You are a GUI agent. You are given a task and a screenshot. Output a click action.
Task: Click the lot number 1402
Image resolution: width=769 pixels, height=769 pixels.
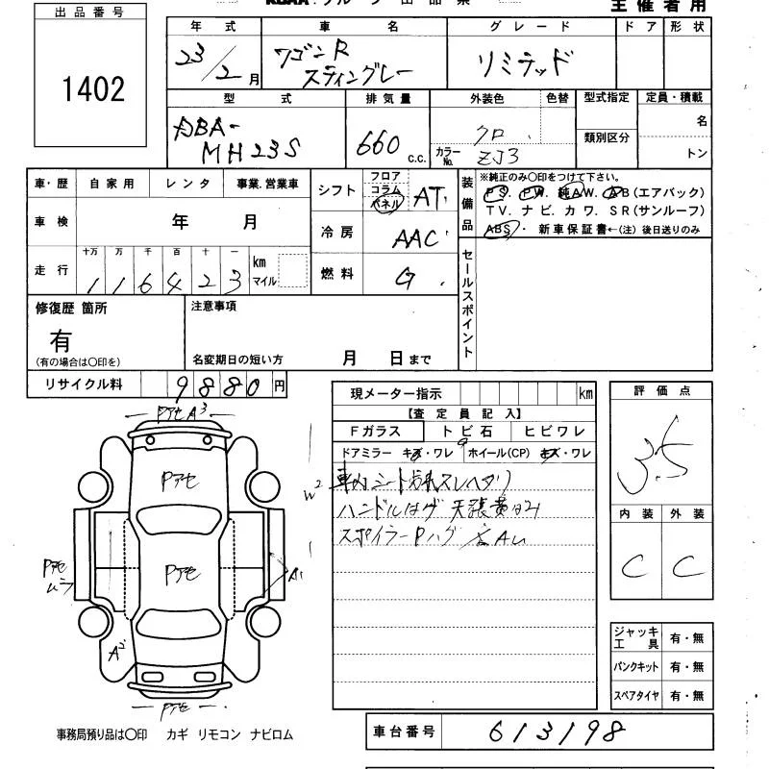(93, 89)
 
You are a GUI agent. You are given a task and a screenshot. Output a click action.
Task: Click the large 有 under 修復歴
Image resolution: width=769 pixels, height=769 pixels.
(62, 338)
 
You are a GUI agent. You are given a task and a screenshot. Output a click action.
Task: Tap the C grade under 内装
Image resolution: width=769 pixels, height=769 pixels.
(632, 567)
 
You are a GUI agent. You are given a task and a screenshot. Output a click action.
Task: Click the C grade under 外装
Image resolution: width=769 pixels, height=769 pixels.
(686, 567)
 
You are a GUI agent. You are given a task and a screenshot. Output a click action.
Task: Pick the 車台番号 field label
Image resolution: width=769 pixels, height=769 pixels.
(402, 731)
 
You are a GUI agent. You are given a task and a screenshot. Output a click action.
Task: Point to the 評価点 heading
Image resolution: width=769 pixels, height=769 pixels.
(662, 391)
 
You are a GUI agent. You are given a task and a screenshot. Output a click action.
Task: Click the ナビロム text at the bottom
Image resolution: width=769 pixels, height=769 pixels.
(270, 735)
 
